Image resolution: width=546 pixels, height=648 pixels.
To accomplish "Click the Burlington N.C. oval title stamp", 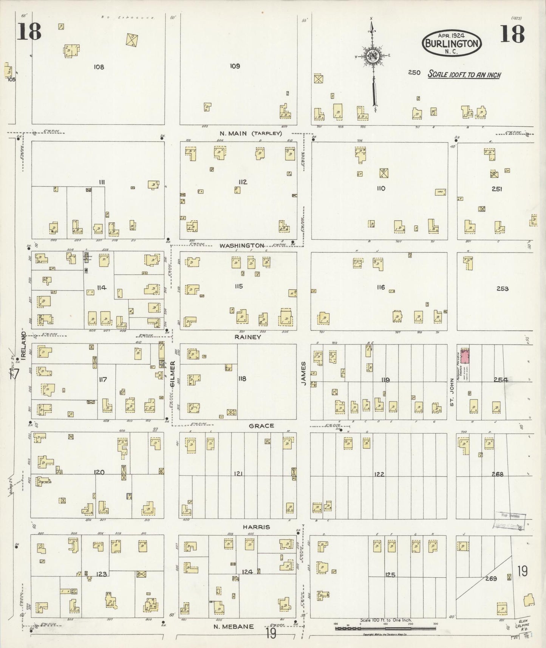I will (452, 43).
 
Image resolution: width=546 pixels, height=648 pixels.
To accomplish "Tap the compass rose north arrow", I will (373, 57).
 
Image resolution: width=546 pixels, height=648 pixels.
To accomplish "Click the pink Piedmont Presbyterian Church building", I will (464, 357).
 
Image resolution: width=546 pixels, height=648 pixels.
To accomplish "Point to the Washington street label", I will (242, 245).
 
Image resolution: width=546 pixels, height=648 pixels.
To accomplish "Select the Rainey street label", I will (247, 336).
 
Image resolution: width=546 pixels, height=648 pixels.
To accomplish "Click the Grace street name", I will (261, 426).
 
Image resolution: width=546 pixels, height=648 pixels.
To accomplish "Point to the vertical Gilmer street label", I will (173, 374).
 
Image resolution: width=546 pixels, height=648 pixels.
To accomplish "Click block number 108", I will (99, 67).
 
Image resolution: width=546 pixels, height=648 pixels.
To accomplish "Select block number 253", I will (503, 288).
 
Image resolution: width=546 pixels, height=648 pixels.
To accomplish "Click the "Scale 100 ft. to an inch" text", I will (464, 74).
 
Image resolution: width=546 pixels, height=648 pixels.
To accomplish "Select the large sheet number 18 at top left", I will (29, 32).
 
